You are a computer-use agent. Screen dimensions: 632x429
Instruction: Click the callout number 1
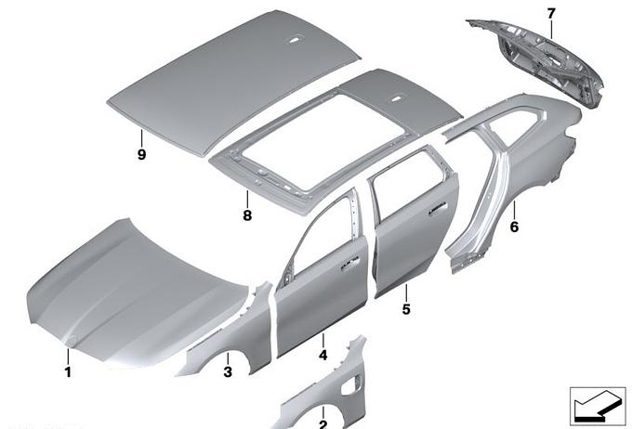coord(68,371)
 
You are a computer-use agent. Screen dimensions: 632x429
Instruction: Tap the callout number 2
coord(323,424)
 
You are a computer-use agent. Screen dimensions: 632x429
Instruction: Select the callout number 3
coord(228,371)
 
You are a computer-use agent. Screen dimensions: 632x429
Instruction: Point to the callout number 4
coord(323,355)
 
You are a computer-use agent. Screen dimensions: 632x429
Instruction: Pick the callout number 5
coord(406,309)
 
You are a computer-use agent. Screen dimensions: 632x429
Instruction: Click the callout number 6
coord(514,227)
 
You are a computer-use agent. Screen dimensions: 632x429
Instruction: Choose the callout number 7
coord(551,14)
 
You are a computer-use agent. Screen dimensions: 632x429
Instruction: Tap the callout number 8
coord(247,215)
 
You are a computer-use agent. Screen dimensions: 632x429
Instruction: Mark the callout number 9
coord(141,154)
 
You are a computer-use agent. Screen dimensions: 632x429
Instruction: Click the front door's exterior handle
coord(350,262)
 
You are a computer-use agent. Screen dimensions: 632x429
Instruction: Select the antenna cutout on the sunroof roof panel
coord(398,97)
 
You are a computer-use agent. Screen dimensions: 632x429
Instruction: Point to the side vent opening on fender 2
coord(349,385)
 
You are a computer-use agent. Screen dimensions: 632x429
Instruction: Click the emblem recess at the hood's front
coord(71,341)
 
